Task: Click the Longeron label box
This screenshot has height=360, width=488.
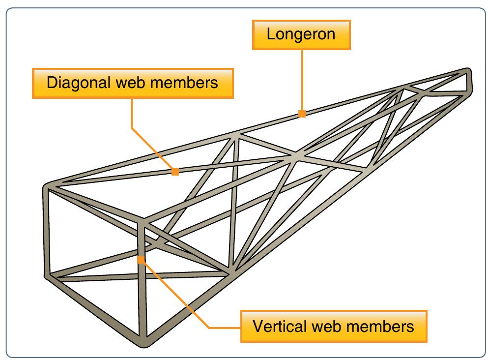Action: (302, 34)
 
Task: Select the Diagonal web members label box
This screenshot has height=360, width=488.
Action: (132, 83)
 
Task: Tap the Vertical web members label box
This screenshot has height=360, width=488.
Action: (333, 326)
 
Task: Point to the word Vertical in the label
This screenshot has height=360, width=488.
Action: (275, 326)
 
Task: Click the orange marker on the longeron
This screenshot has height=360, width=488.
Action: (302, 114)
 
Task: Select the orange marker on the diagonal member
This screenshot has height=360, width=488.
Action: (175, 172)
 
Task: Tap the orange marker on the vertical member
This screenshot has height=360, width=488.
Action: (141, 260)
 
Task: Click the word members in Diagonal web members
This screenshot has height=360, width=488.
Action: (188, 83)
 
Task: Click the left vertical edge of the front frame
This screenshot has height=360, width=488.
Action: (47, 231)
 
